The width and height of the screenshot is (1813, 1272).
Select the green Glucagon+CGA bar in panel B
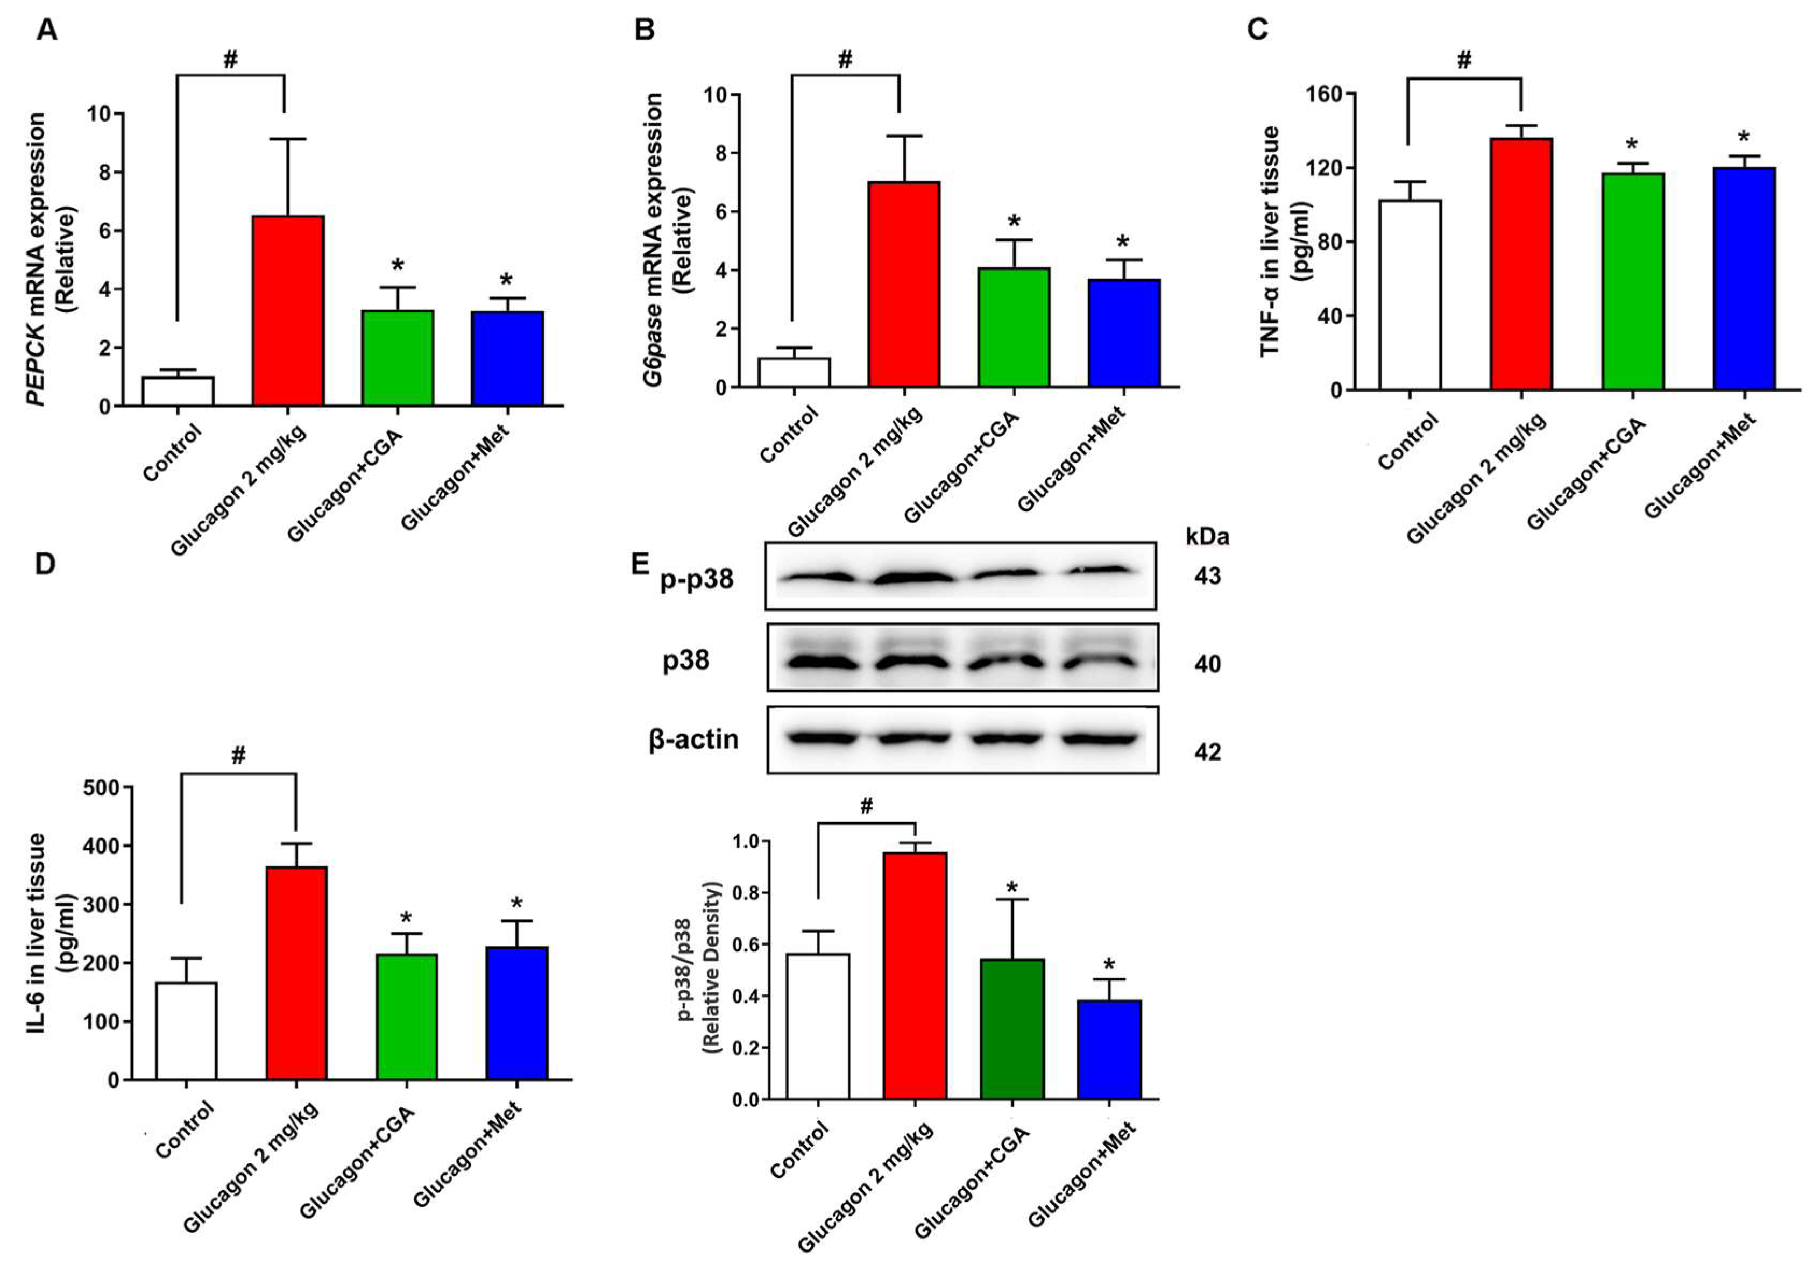tap(1014, 327)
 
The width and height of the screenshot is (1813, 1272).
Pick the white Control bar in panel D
tap(186, 1031)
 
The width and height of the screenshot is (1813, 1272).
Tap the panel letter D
tap(45, 563)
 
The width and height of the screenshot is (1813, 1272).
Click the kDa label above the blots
tap(1207, 537)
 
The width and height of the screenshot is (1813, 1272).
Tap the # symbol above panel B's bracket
tap(845, 59)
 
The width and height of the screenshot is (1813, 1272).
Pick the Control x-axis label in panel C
tap(1408, 442)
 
